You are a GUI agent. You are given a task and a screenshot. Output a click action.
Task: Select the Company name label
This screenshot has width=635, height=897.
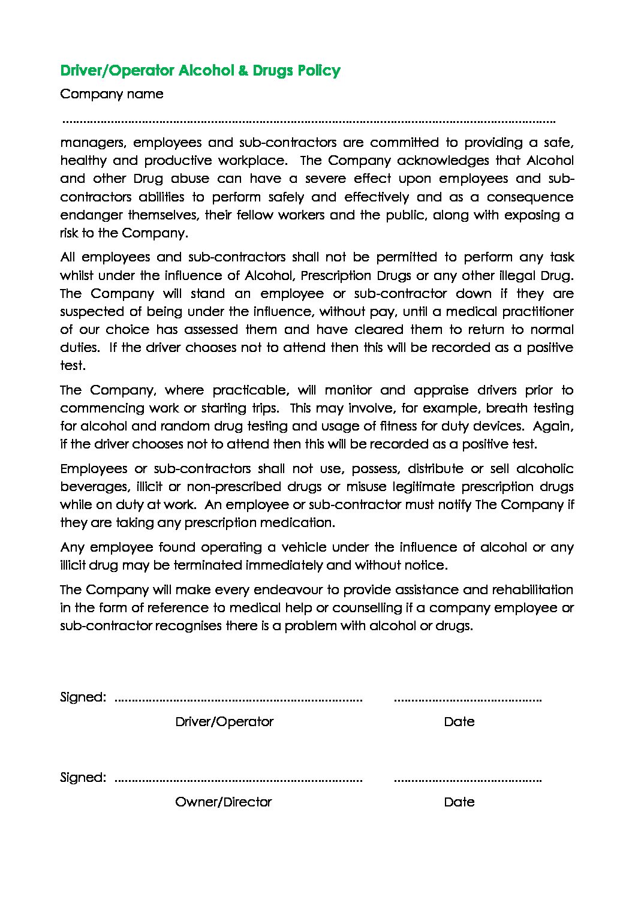(x=112, y=94)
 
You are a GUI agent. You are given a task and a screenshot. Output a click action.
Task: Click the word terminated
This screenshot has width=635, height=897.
(x=207, y=565)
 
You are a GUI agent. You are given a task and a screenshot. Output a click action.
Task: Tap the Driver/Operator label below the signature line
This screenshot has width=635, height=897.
(x=224, y=722)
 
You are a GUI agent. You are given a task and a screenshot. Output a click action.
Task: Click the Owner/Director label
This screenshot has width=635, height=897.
(x=224, y=802)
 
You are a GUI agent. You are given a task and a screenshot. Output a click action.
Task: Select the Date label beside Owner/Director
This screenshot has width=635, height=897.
(x=459, y=802)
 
